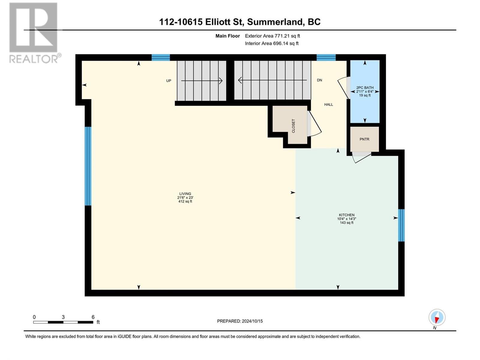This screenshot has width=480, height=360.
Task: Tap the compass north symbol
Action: [437, 317]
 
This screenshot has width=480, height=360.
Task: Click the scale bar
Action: [63, 322]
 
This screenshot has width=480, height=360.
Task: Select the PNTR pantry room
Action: [364, 139]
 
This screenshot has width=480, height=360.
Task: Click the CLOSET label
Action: [293, 126]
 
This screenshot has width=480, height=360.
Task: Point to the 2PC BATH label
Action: [365, 88]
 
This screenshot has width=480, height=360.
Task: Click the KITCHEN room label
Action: [346, 215]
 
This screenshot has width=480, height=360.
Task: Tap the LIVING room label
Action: [185, 194]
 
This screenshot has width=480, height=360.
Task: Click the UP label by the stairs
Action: [169, 81]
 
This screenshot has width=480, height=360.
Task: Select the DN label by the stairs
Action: [319, 80]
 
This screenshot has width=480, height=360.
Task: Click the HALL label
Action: [328, 104]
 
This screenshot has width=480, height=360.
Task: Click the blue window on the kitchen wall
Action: [401, 225]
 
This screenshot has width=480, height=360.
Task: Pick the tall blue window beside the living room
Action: [88, 166]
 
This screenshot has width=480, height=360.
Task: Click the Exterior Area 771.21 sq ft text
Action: [272, 36]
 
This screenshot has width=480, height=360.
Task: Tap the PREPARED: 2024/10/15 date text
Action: [240, 321]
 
